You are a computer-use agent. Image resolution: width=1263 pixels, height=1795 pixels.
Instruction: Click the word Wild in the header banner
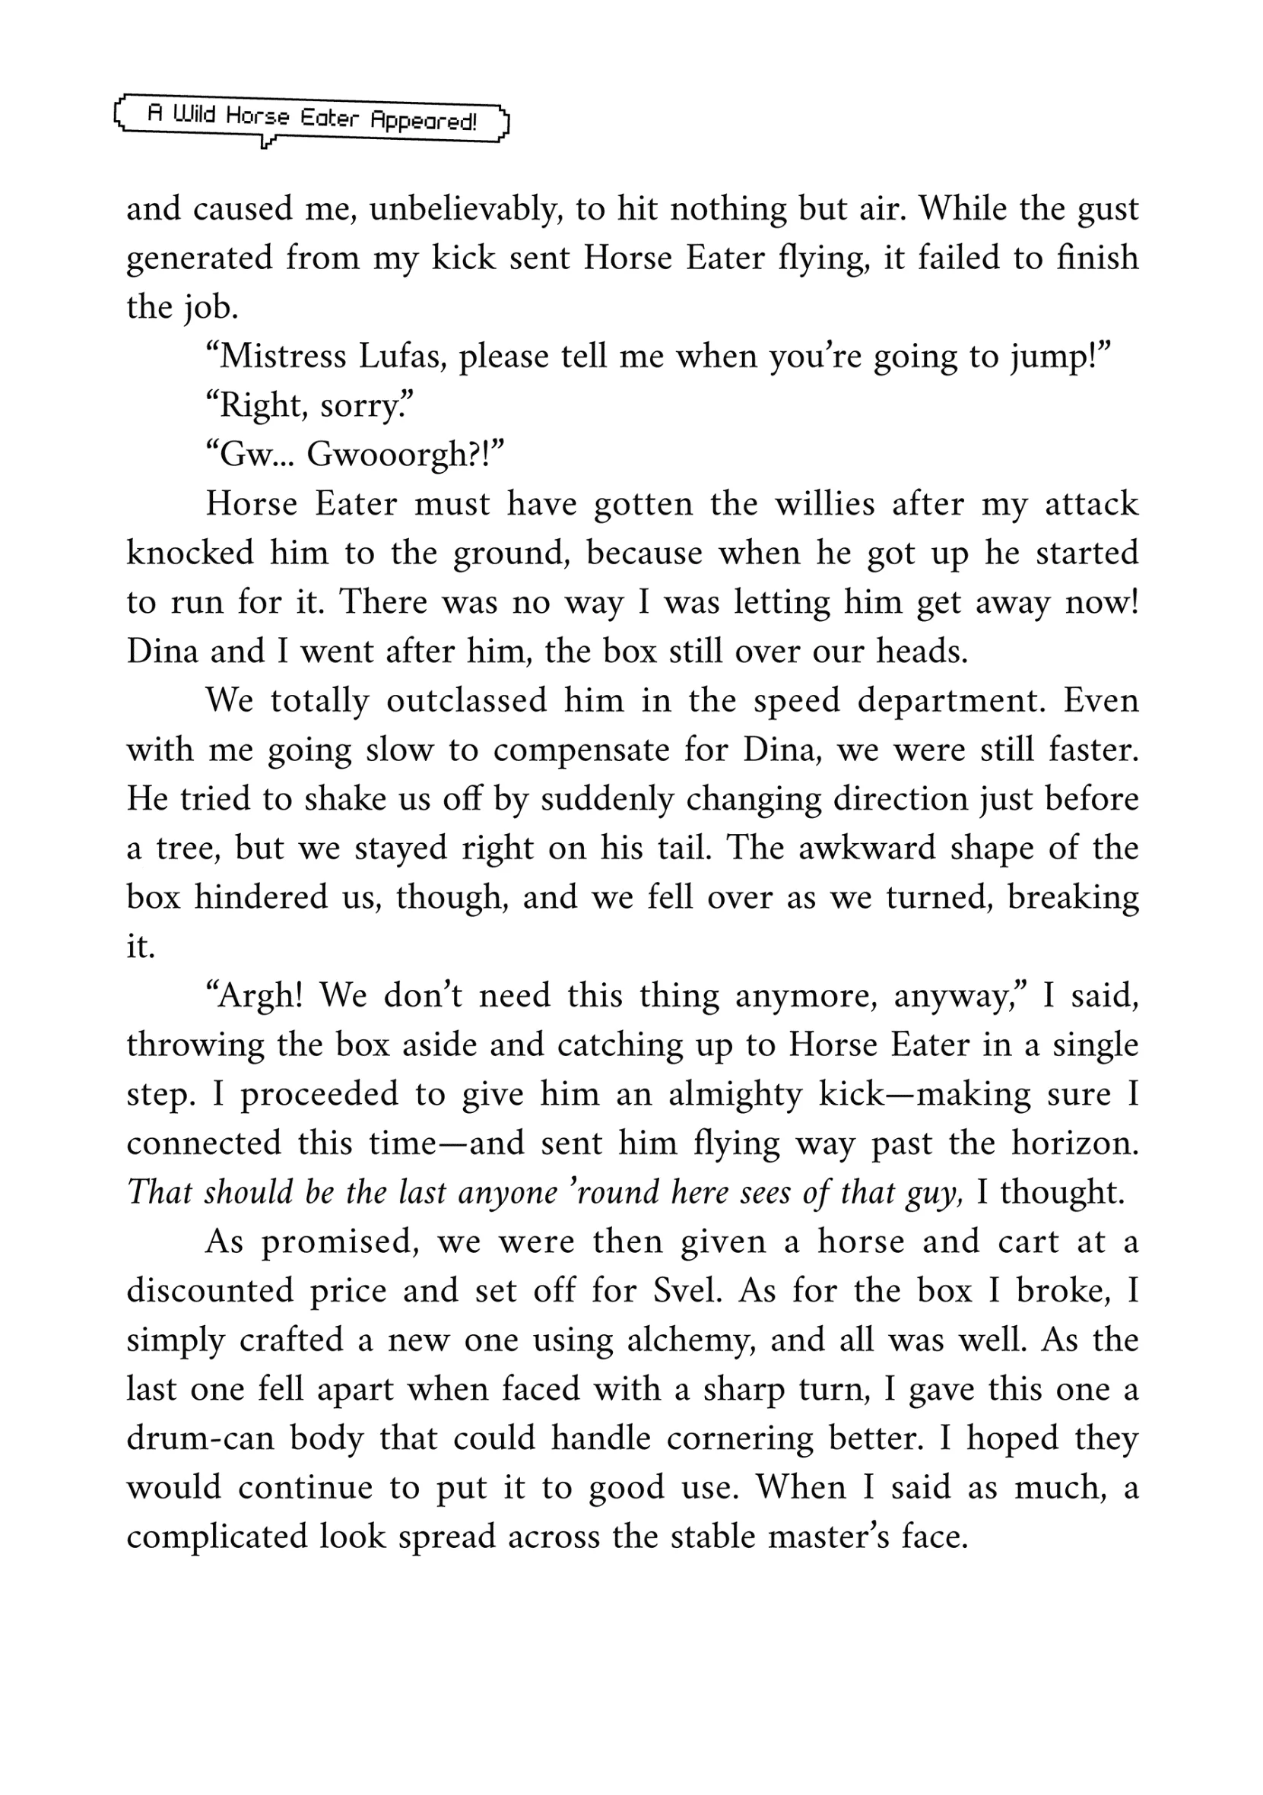pyautogui.click(x=193, y=116)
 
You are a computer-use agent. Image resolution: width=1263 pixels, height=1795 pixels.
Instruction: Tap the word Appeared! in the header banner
pyautogui.click(x=423, y=120)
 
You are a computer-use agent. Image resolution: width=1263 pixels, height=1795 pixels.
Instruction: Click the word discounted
pyautogui.click(x=210, y=1291)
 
